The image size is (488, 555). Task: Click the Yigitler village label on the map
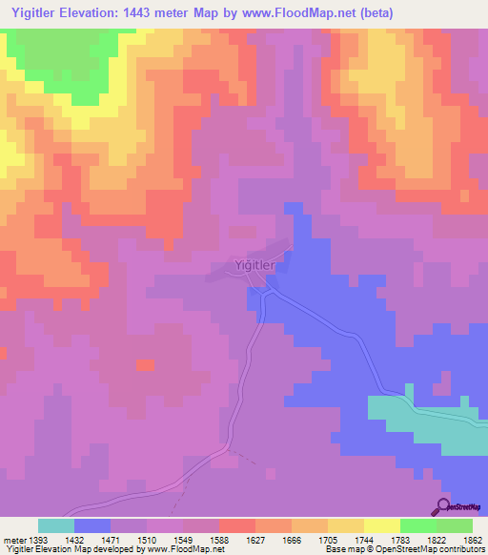(254, 267)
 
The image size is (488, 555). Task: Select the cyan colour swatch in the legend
(56, 525)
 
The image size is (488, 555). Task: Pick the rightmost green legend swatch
(455, 525)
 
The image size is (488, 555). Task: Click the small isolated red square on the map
(145, 365)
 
